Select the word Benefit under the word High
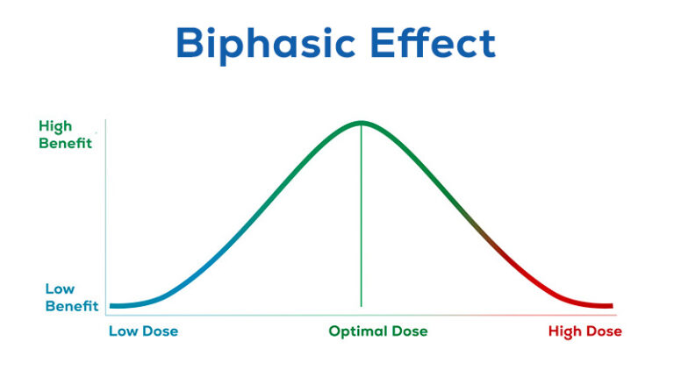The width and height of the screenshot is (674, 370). tap(65, 143)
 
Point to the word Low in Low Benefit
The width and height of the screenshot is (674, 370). tap(60, 289)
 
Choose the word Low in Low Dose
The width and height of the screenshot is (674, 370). tap(124, 331)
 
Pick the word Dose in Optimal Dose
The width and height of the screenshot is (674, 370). tap(409, 331)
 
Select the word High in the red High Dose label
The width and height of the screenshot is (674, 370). tap(566, 331)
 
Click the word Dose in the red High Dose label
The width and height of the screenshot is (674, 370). tap(605, 331)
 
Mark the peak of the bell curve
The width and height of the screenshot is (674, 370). tap(361, 123)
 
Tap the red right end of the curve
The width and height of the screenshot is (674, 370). tap(609, 306)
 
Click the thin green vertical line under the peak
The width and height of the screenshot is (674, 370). tap(361, 219)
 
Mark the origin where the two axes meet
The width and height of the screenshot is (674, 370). tap(105, 314)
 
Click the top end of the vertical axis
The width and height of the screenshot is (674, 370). tap(105, 120)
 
